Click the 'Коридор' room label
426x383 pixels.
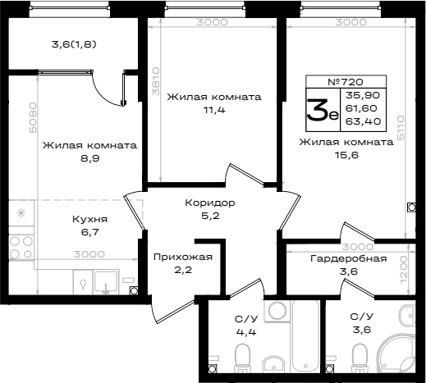click(210, 203)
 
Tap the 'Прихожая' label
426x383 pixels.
click(183, 258)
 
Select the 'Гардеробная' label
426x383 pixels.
click(349, 258)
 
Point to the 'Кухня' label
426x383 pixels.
click(89, 219)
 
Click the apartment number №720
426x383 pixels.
click(346, 82)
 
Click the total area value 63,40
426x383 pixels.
click(363, 121)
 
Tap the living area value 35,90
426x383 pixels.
click(363, 95)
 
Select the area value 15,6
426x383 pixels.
click(346, 155)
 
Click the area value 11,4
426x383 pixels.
click(214, 110)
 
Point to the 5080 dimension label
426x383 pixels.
click(32, 117)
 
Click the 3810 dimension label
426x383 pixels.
click(155, 81)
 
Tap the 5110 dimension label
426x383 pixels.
click(401, 128)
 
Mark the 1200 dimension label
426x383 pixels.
click(403, 270)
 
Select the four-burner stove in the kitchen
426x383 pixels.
click(21, 247)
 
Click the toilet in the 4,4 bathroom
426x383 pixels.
click(243, 358)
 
